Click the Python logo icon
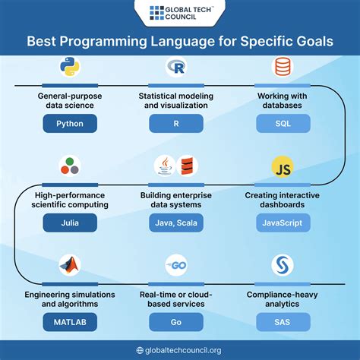click(x=71, y=69)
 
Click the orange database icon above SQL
click(x=282, y=69)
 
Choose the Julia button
click(x=71, y=223)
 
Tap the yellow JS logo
click(x=282, y=167)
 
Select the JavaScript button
click(x=282, y=223)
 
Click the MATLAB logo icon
click(x=71, y=266)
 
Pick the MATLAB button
click(x=71, y=323)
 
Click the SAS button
click(x=282, y=323)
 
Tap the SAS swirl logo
click(x=282, y=266)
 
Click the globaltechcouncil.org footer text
click(x=185, y=350)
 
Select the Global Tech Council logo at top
click(x=180, y=13)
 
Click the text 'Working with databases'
click(x=282, y=102)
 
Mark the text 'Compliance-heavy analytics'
click(x=282, y=298)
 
